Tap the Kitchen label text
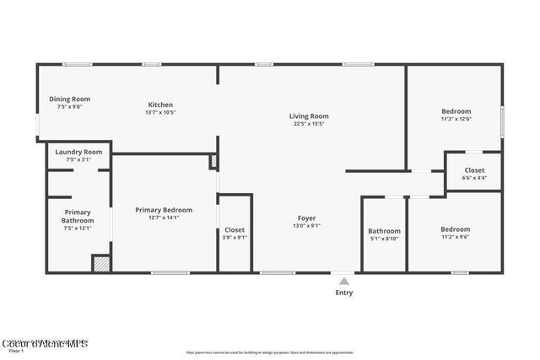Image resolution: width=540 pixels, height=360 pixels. click(x=160, y=105)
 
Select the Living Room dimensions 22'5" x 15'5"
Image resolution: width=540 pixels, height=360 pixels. click(x=309, y=124)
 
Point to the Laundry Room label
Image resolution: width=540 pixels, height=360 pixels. click(x=78, y=152)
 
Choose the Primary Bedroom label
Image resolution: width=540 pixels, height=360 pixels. click(x=164, y=210)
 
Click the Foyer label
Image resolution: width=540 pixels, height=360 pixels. click(x=305, y=218)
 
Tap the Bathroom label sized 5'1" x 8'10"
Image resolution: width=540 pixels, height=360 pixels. click(x=383, y=231)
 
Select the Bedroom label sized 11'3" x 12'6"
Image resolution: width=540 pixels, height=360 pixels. click(x=456, y=111)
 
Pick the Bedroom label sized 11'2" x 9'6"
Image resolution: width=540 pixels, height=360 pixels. click(x=455, y=229)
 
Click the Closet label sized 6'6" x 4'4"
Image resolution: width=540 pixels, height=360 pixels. click(x=474, y=169)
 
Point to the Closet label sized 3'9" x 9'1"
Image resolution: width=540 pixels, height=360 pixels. click(x=235, y=229)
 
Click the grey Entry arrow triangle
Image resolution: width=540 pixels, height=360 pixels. click(x=343, y=281)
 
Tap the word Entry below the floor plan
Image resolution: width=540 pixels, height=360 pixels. click(x=344, y=293)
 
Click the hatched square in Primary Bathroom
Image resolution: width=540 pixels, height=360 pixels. click(x=101, y=263)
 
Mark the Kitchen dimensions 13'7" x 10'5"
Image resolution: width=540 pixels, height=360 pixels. click(x=160, y=113)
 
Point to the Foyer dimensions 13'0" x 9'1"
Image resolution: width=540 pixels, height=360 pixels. click(x=305, y=226)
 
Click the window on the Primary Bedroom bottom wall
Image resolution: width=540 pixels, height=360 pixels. click(x=170, y=272)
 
